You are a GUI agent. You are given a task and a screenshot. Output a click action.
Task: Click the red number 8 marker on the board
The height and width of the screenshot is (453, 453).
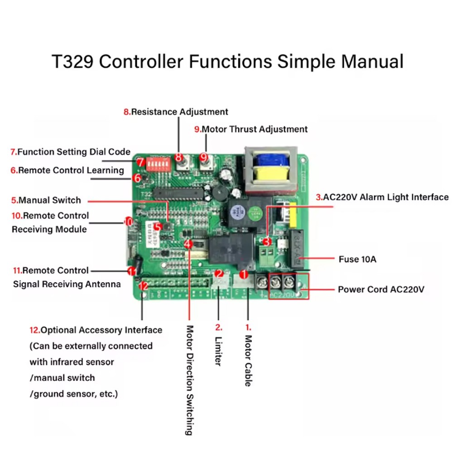[x=178, y=157]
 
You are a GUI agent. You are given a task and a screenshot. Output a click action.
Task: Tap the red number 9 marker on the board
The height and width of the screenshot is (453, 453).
[x=204, y=157]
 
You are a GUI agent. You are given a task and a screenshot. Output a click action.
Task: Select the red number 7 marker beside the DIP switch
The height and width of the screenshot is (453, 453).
[x=140, y=162]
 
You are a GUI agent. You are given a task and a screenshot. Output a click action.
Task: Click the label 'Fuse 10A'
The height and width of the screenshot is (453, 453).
[x=357, y=260]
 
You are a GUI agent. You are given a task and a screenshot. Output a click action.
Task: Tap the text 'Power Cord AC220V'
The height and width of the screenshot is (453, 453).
[x=381, y=289]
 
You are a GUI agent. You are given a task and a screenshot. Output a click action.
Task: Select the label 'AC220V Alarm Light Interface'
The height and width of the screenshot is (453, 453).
[x=382, y=197]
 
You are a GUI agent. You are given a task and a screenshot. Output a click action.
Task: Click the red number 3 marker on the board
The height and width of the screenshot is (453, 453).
[x=267, y=242]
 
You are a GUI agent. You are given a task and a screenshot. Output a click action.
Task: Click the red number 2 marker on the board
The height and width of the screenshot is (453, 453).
[x=219, y=274]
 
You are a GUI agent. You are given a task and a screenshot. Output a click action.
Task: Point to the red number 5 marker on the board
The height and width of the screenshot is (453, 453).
[x=158, y=226]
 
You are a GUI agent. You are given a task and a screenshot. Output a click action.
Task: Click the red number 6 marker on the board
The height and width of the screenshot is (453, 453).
[x=137, y=178]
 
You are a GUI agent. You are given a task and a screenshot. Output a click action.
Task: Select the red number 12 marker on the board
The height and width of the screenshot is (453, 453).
[x=143, y=286]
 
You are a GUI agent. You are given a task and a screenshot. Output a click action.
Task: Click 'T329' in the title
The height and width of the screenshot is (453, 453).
[x=72, y=61]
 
